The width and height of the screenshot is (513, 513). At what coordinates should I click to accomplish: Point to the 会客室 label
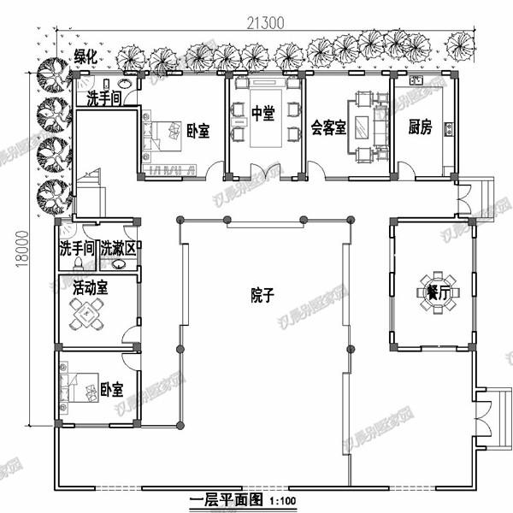click(328, 128)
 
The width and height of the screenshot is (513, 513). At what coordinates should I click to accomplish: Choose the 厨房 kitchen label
click(420, 127)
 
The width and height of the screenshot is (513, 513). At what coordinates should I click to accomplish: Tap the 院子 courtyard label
click(262, 295)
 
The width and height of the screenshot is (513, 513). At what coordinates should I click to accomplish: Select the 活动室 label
click(90, 287)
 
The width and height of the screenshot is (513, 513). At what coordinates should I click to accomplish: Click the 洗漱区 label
click(118, 250)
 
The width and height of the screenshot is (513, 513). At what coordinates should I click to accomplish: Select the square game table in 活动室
click(87, 317)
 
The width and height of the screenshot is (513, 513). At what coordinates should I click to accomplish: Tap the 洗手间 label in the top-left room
click(104, 99)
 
